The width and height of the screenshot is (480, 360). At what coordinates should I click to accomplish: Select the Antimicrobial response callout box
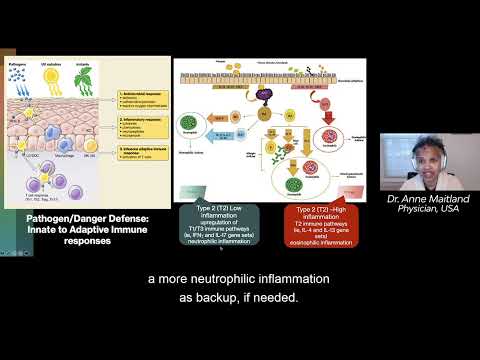142,97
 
